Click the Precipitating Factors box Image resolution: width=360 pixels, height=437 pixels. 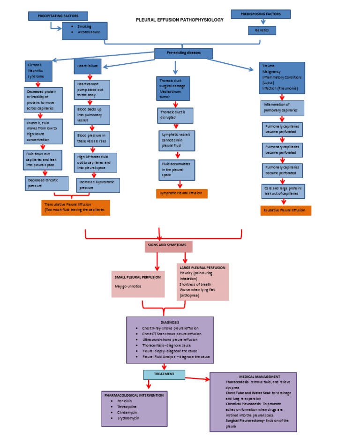point(58,16)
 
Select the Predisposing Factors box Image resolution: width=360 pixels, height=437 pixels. point(261,14)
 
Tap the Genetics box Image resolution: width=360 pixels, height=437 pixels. point(262,30)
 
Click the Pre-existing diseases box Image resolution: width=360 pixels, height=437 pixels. point(183,53)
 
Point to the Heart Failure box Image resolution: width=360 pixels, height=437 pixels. point(87,67)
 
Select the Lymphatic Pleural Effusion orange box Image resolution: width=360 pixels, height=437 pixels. point(181,193)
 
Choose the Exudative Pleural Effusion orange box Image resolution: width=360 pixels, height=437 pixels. point(285,210)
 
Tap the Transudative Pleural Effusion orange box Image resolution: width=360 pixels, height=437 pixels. point(75,208)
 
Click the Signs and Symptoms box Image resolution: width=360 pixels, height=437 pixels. point(169,246)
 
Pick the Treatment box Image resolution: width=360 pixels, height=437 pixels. point(164,374)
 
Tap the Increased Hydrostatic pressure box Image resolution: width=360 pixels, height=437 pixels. point(97,185)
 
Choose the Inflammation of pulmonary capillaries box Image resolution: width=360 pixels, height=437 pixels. point(282,108)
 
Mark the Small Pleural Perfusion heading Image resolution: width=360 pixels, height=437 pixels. point(138,277)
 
